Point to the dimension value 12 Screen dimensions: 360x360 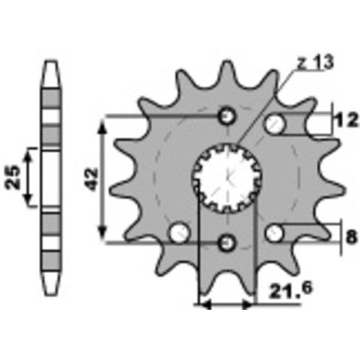point(343,121)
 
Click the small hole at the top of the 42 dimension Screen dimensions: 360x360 point(227,116)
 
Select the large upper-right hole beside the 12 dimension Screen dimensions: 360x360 point(276,123)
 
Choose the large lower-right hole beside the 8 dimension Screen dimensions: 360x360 point(276,233)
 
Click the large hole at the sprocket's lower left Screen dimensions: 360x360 point(179,233)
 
